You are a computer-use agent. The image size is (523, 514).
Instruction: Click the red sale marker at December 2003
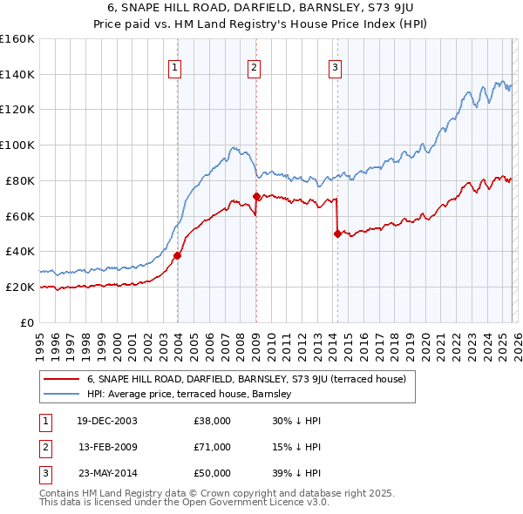coord(178,255)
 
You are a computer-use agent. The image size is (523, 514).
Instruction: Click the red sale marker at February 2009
coord(256,196)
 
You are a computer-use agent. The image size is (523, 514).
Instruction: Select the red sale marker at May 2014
coord(337,233)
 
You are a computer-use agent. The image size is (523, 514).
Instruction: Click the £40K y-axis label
coord(20,251)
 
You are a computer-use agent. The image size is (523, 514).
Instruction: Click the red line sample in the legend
coord(62,379)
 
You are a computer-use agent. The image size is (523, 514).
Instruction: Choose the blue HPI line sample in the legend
coord(62,394)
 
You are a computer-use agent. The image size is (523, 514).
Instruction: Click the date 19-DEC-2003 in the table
coord(107,421)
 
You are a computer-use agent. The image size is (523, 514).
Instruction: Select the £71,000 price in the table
coord(212,447)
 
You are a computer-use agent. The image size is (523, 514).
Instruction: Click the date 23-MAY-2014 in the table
coord(107,473)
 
